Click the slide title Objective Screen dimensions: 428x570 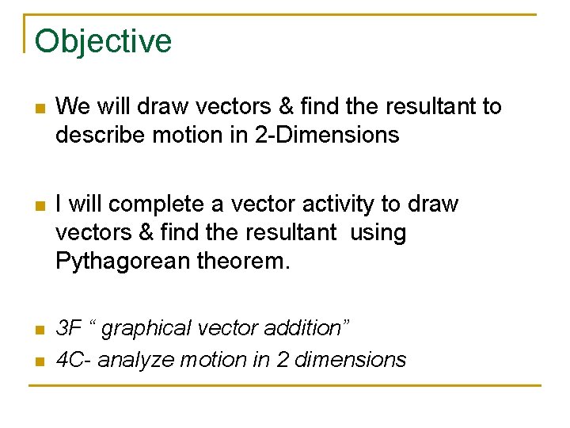[x=103, y=41]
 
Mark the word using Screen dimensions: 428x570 [x=378, y=233]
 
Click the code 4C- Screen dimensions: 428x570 [x=74, y=360]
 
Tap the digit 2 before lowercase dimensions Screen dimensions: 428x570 [x=283, y=360]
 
